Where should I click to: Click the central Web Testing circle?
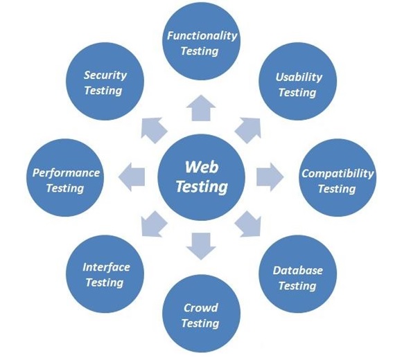[200, 177]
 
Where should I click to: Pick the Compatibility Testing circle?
[337, 180]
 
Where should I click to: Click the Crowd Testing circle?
[200, 315]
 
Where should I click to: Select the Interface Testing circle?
[106, 273]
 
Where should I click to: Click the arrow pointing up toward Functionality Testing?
[200, 106]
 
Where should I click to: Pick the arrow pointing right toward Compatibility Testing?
[269, 177]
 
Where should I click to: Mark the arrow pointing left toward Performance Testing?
[131, 177]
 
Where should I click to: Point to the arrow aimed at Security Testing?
[153, 129]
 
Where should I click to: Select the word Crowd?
[200, 308]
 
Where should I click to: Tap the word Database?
[297, 271]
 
